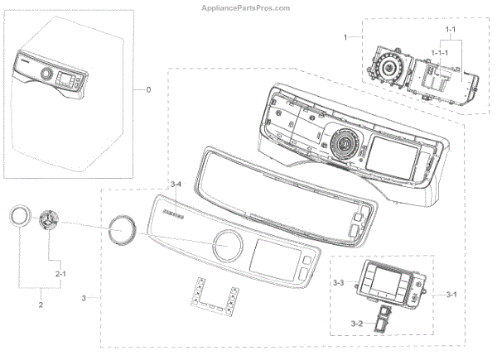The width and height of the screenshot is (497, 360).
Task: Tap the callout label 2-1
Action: [x=60, y=271]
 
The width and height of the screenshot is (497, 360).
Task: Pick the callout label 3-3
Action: [x=338, y=283]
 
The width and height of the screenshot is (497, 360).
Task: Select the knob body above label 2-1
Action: [x=51, y=223]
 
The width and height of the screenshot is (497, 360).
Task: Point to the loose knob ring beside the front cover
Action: [x=121, y=226]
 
